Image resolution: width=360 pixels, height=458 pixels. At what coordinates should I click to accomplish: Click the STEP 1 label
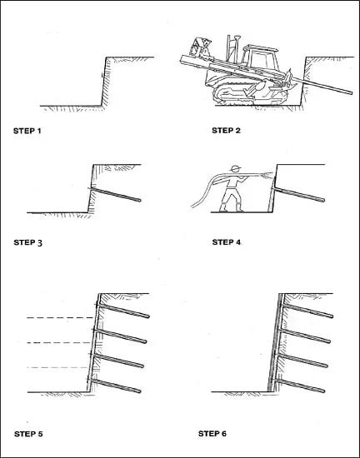tap(27, 131)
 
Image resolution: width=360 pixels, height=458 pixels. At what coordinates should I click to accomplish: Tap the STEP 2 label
tap(226, 131)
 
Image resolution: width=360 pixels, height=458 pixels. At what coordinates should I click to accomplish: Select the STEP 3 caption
tap(28, 242)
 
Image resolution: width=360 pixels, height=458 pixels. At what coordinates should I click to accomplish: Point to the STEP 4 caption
tap(227, 242)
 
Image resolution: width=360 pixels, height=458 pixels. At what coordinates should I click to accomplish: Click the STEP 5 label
tap(28, 434)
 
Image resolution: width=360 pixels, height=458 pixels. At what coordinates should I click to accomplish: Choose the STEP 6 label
tap(212, 434)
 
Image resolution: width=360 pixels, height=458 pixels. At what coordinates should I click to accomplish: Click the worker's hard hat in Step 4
tap(235, 168)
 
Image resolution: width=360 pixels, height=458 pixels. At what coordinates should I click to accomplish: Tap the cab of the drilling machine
tap(260, 57)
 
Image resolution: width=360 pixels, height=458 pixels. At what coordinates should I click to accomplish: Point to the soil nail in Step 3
tap(116, 195)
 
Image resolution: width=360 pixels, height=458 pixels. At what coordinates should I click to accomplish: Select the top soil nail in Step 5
tap(123, 311)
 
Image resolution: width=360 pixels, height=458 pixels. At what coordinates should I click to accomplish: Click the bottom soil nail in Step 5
tap(116, 386)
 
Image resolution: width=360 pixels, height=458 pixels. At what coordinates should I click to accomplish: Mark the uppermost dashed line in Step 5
tap(60, 317)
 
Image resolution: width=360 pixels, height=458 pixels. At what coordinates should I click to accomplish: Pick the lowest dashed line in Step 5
tap(57, 367)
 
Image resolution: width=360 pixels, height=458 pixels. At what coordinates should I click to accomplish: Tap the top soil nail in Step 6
tap(307, 311)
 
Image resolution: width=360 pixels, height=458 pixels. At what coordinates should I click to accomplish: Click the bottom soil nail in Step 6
tap(299, 386)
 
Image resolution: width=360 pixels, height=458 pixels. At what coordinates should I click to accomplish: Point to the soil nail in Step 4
tap(299, 195)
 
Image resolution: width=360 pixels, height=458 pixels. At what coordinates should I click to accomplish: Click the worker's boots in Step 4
tap(232, 207)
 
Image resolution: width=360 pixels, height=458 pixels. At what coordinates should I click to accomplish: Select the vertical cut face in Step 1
tap(103, 82)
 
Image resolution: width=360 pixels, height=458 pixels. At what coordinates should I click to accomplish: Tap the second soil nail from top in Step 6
tap(305, 336)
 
